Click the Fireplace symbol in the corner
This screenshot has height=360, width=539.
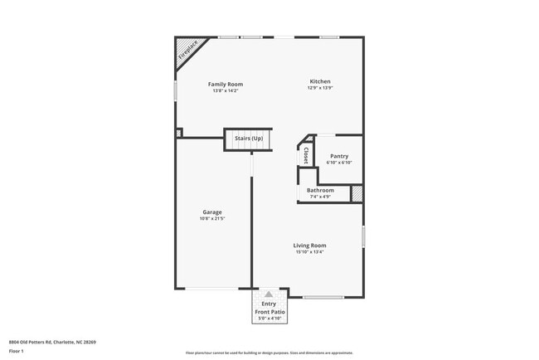pos(186,54)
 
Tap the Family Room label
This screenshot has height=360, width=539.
pos(225,84)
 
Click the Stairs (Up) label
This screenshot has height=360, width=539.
pos(248,138)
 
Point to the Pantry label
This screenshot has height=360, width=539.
pos(339,156)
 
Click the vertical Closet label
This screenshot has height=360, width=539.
pos(306,155)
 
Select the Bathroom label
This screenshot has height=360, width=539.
pos(320,190)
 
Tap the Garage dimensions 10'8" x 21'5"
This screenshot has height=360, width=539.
pos(212,218)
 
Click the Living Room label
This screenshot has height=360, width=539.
pos(309,245)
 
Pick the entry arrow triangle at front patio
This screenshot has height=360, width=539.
pos(269,294)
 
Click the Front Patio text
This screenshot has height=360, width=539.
pos(269,311)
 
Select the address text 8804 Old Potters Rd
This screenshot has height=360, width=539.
pos(52,342)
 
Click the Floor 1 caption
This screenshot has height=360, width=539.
pos(17,351)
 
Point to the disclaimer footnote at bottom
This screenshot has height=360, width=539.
pos(269,353)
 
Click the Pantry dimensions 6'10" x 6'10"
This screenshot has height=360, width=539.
pos(339,163)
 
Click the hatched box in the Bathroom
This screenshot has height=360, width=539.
pos(357,193)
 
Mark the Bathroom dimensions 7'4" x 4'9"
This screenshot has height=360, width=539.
pos(320,197)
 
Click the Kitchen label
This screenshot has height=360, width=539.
pos(320,82)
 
